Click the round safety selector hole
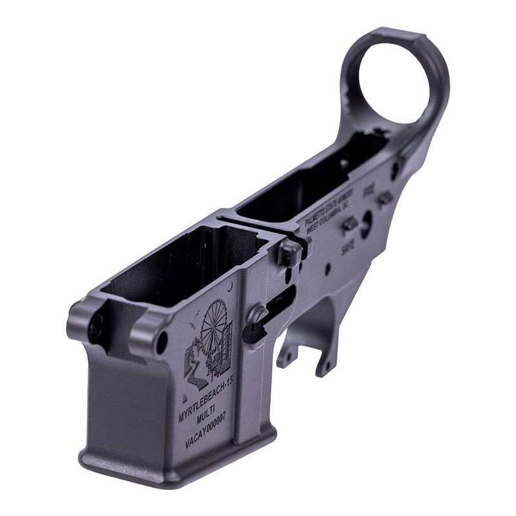tap(366, 222)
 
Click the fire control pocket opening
tap(303, 187)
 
